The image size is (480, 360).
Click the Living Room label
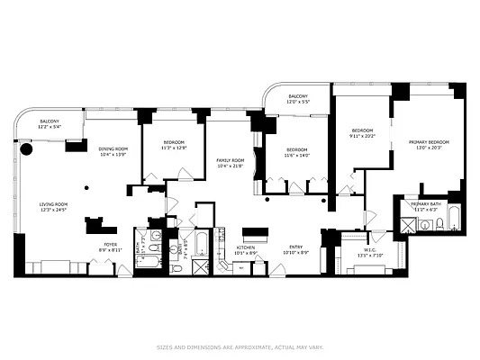tap(53, 204)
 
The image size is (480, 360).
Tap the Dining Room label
tap(113, 148)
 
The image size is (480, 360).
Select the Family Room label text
tap(231, 160)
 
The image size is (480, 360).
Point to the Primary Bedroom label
tap(429, 142)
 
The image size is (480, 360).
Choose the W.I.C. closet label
tap(370, 250)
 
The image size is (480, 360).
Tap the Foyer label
tap(109, 243)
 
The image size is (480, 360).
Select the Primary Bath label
tap(426, 204)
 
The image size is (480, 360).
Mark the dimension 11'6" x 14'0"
tap(297, 156)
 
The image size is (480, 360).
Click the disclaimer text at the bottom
tap(240, 346)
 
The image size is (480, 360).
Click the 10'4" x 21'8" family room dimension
tap(231, 166)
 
